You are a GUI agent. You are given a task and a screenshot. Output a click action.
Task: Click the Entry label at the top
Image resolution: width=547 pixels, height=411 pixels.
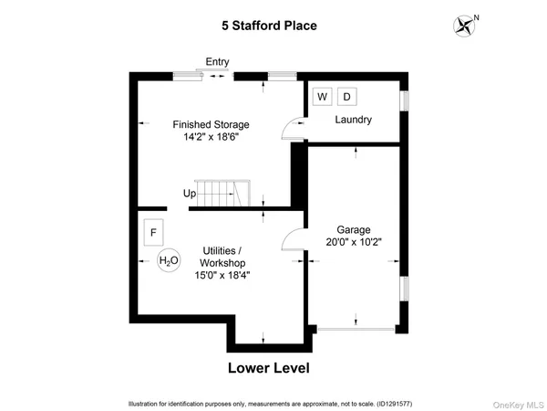tap(217, 62)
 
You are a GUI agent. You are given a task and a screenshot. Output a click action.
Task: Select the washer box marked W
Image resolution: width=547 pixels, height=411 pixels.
tap(322, 97)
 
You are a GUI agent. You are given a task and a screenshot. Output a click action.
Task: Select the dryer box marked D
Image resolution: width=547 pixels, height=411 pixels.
tap(346, 97)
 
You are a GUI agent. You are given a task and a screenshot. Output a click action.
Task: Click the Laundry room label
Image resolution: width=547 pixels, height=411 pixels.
tap(353, 120)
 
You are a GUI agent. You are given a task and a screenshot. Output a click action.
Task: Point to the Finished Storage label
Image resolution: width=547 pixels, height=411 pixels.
tap(211, 124)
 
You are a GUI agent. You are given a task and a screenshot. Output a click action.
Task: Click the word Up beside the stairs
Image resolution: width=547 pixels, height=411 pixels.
tap(190, 194)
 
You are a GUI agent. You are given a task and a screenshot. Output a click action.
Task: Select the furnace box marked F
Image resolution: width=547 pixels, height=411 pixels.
tap(153, 232)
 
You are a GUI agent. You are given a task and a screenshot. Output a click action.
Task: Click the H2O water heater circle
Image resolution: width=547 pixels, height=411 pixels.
tap(169, 261)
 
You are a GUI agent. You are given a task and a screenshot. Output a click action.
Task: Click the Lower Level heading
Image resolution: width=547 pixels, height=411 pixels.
tap(268, 369)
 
